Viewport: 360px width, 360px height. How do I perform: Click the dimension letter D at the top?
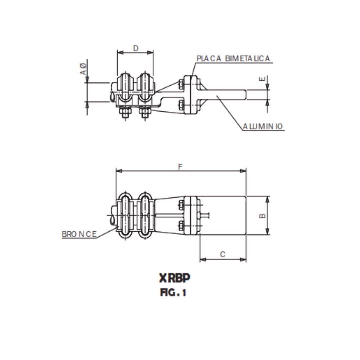click(x=136, y=48)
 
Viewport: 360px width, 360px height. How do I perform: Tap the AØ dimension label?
click(x=83, y=69)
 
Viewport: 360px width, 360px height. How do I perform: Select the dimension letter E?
click(x=263, y=79)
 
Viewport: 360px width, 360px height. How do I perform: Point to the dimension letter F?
click(x=180, y=167)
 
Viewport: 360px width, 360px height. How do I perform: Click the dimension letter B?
click(x=263, y=216)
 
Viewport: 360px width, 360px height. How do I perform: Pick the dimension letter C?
click(x=223, y=255)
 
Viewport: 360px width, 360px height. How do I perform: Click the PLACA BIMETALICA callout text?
click(x=233, y=59)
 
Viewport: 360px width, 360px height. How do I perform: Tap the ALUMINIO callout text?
click(x=263, y=127)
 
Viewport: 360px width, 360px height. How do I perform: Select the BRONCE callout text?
click(x=79, y=234)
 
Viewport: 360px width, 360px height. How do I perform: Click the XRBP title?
click(x=174, y=278)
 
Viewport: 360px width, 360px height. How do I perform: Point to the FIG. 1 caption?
click(x=173, y=293)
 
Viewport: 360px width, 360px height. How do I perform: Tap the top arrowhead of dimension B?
click(x=267, y=199)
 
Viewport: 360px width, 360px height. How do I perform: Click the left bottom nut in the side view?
click(x=125, y=113)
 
